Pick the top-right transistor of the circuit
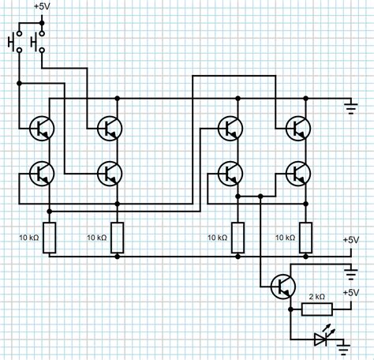point(298,126)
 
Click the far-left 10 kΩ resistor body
point(49,237)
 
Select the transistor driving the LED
point(281,287)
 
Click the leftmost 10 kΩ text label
point(29,237)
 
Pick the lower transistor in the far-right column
point(298,172)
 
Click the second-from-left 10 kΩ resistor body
point(117,237)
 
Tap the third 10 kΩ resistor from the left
point(237,237)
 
